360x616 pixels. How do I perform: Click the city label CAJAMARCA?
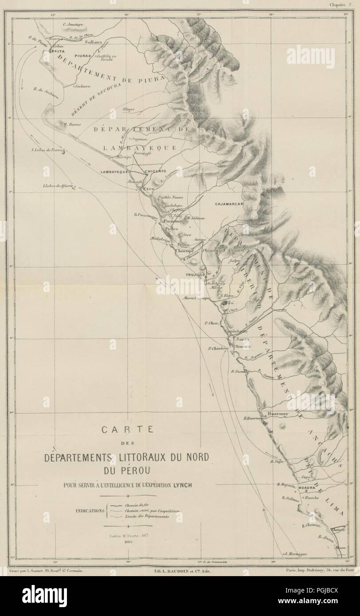[x=227, y=204]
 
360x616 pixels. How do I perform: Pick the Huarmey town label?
[x=278, y=413]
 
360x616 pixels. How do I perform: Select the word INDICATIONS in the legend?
[x=90, y=510]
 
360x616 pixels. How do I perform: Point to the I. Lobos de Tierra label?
[x=46, y=150]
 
